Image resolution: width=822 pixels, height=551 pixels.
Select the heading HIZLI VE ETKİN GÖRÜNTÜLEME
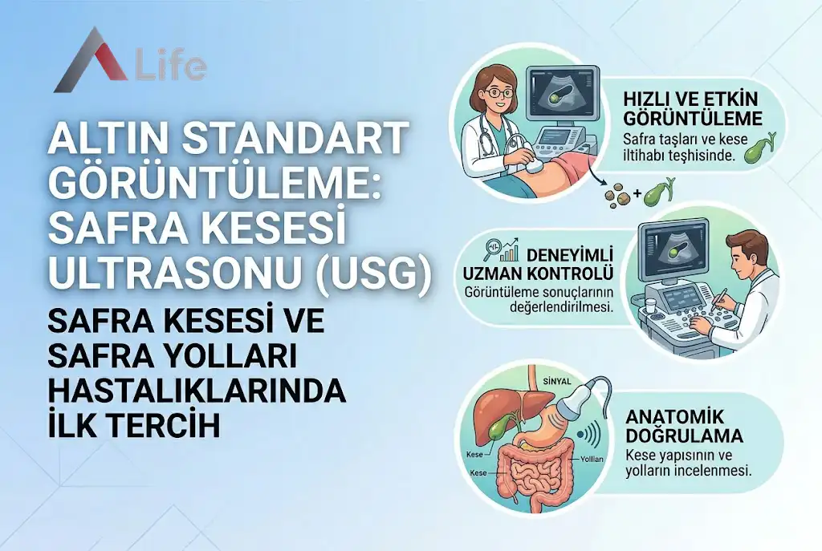[691, 109]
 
